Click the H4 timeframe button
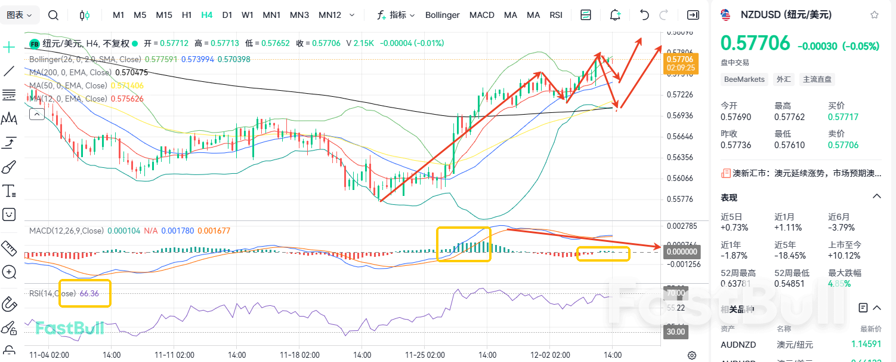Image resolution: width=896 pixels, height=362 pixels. tap(207, 15)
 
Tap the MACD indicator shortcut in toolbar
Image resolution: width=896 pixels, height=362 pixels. tap(481, 15)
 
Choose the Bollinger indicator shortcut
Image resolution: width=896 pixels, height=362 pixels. tap(442, 15)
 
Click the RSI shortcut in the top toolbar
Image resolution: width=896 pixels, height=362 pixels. tap(556, 15)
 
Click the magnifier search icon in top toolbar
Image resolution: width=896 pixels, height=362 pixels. tap(53, 15)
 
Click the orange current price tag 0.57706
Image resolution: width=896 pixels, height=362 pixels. tap(680, 59)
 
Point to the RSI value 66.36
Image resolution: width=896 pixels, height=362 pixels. tap(89, 293)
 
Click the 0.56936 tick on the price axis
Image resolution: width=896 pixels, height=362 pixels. tap(680, 115)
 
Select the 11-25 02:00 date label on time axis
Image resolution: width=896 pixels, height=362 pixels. tap(425, 354)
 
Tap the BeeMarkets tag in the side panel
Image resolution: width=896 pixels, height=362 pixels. tap(744, 79)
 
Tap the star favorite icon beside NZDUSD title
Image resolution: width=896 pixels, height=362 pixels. tap(875, 15)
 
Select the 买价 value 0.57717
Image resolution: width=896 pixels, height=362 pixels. tap(843, 117)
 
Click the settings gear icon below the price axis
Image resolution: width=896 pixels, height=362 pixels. tap(692, 355)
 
